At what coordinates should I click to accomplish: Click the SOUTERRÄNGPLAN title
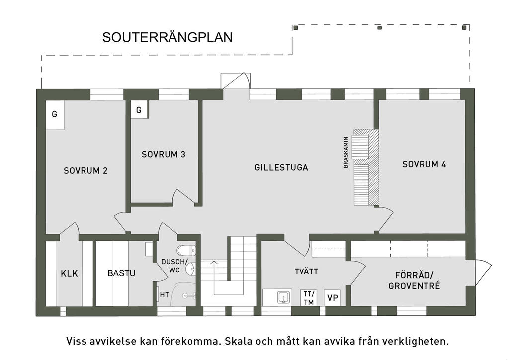(167, 37)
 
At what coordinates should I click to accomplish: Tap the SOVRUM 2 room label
(85, 171)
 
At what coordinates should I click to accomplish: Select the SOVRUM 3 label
(163, 154)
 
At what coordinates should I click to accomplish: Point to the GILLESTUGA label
(281, 167)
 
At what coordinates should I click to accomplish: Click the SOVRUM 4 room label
(424, 164)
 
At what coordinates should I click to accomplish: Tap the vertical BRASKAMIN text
(346, 152)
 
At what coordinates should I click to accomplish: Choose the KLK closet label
(70, 273)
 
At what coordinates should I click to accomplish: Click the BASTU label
(121, 273)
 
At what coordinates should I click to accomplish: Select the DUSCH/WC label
(174, 266)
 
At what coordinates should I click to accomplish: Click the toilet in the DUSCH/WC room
(186, 250)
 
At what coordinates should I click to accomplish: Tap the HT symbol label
(164, 295)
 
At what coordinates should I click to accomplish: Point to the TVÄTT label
(306, 271)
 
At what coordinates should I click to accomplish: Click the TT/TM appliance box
(309, 298)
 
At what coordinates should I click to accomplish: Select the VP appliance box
(333, 298)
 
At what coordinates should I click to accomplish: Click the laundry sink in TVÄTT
(284, 297)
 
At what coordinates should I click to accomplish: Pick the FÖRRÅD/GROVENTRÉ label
(414, 281)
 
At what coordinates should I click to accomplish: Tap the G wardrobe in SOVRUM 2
(55, 115)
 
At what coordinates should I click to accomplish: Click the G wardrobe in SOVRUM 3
(139, 110)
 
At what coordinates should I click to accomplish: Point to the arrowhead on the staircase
(214, 262)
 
